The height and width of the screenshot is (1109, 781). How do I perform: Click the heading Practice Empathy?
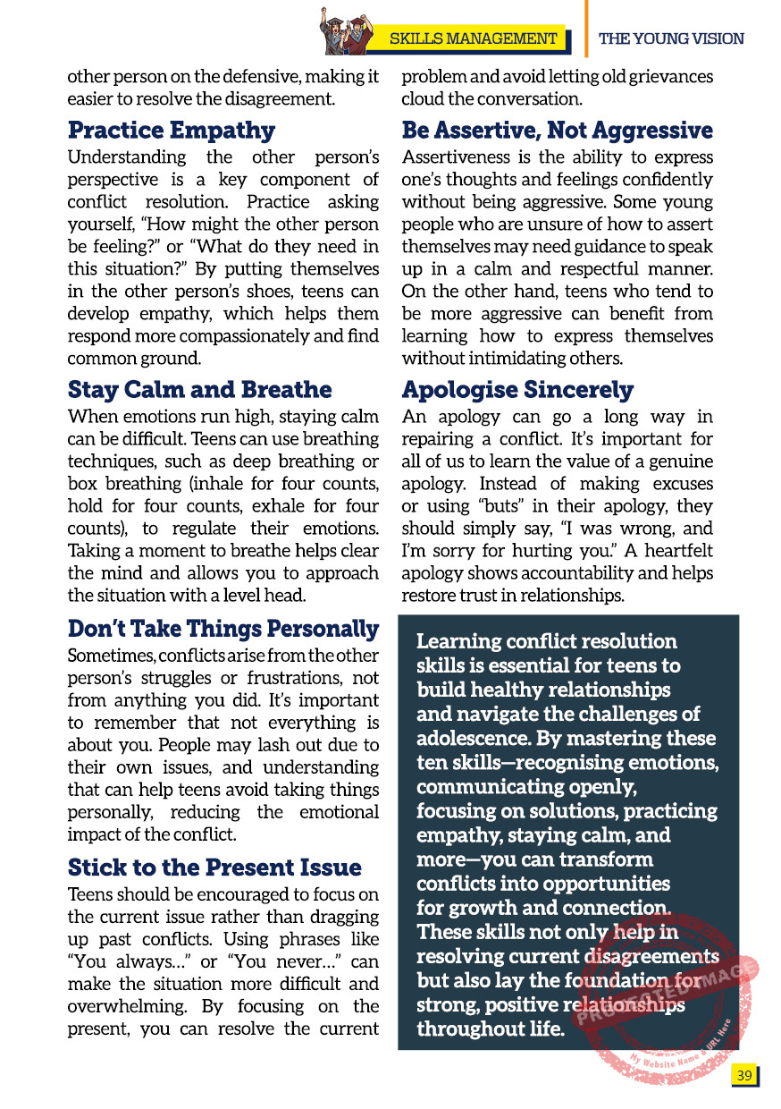[172, 131]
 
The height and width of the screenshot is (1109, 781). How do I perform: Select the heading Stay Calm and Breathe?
[199, 390]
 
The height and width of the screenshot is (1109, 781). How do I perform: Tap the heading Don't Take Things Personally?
[223, 629]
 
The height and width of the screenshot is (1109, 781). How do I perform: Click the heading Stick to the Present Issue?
[214, 868]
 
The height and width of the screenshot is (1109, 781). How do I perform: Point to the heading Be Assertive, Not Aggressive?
[557, 131]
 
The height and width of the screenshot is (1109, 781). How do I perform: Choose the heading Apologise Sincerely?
[517, 390]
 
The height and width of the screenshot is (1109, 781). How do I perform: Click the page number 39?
[743, 1075]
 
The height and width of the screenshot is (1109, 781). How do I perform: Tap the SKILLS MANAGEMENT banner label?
[474, 38]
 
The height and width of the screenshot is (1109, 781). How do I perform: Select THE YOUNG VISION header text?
[671, 38]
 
